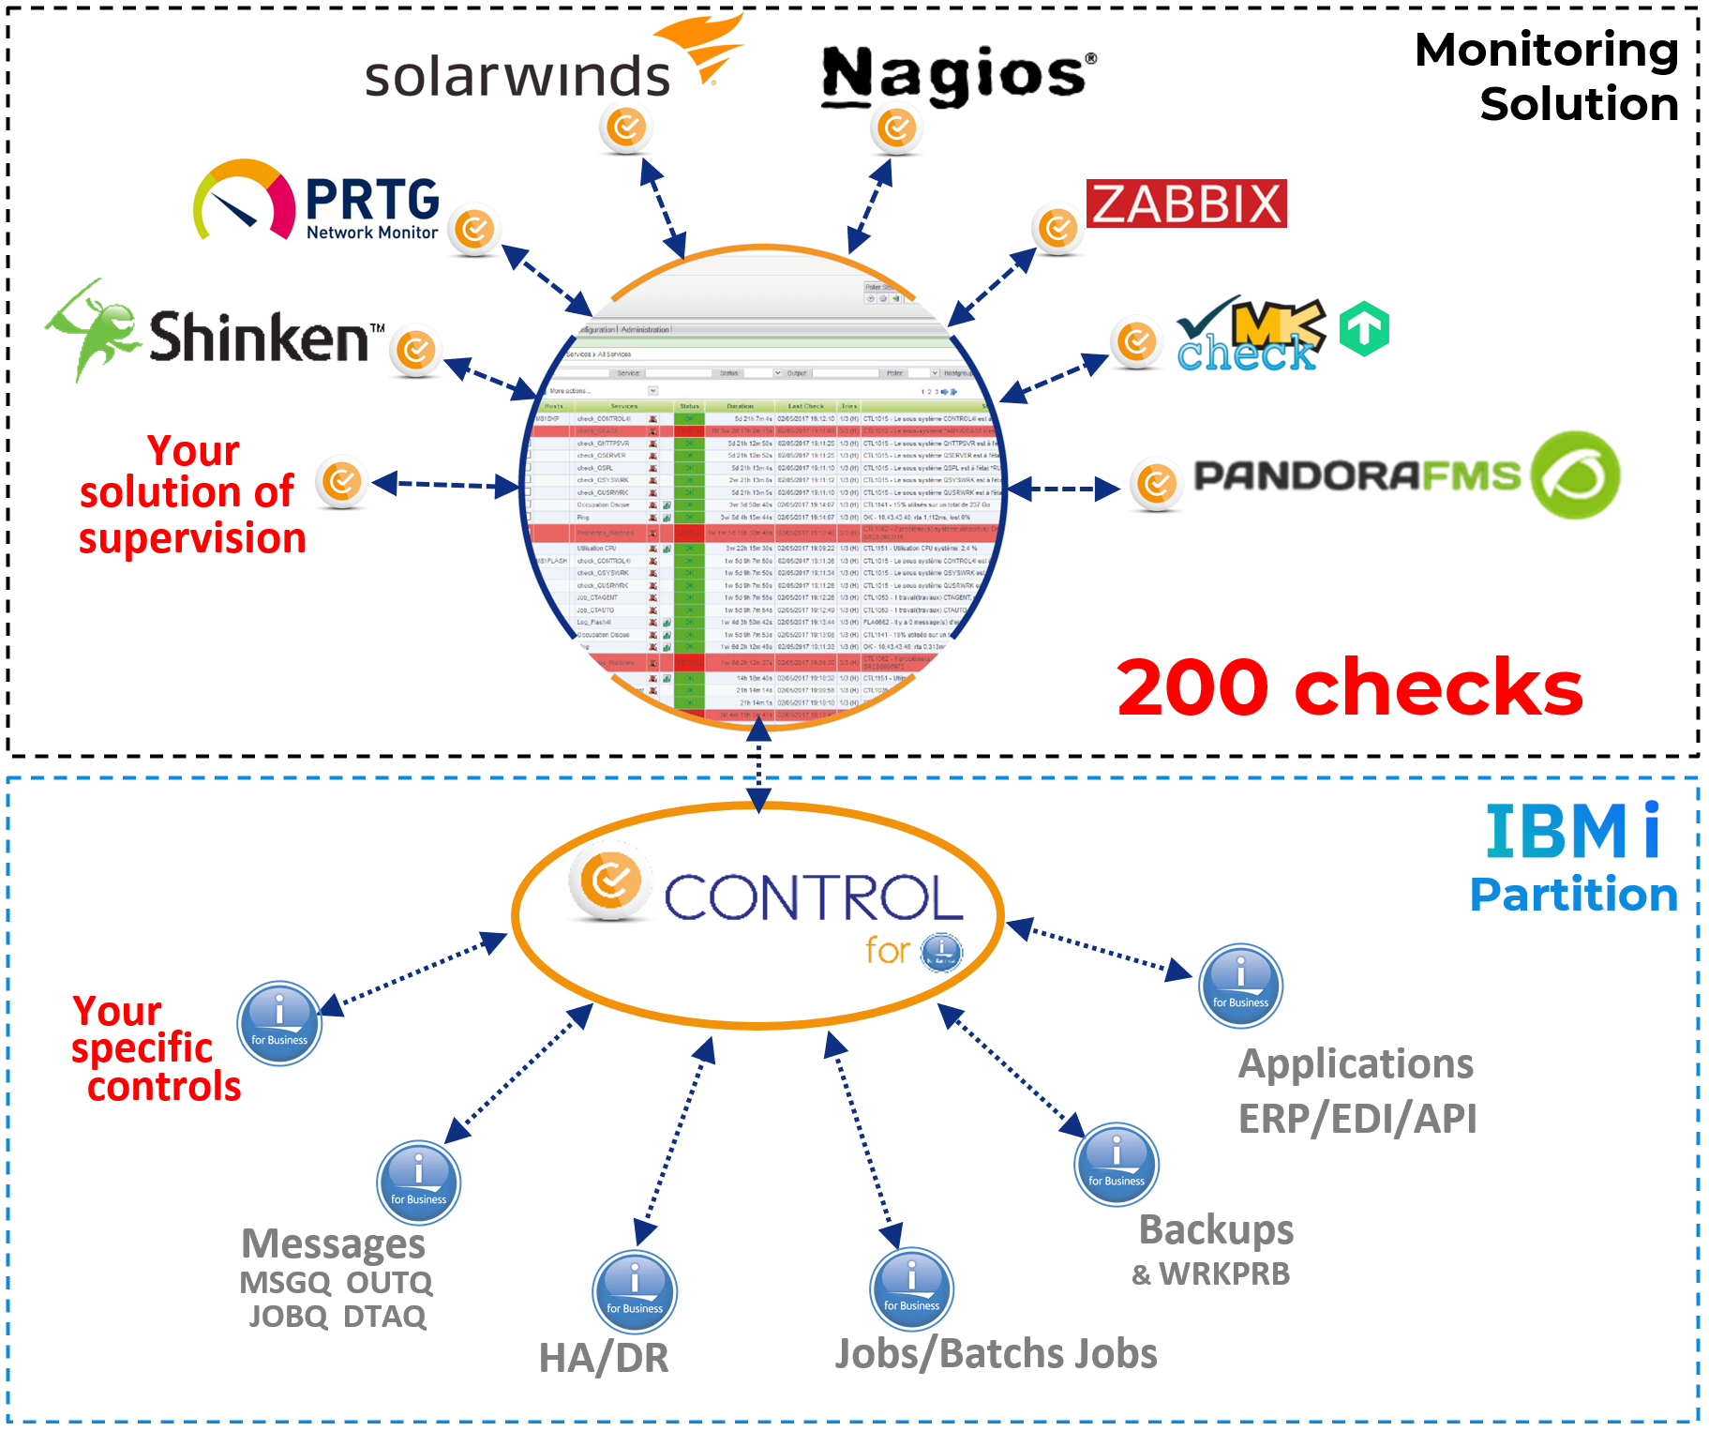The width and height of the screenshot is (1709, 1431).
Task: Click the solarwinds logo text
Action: coord(517,77)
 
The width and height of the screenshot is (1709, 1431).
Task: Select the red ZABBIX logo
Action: coord(1186,203)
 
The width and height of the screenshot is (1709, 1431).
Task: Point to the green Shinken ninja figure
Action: coord(92,330)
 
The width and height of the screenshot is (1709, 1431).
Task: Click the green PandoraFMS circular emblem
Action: coord(1575,475)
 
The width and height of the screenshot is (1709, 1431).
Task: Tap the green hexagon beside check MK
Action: coord(1364,329)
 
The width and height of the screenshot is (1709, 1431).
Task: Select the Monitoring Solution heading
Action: coord(1547,77)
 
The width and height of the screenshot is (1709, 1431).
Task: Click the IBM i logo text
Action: coord(1572,832)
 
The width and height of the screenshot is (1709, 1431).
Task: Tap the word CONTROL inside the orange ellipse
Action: coord(814,897)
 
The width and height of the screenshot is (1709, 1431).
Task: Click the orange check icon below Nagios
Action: coord(897,128)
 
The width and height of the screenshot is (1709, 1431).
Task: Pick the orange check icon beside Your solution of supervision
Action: coord(342,483)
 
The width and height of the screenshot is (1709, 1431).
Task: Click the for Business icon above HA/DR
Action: coord(635,1291)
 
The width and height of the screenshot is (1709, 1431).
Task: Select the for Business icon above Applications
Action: coord(1240,986)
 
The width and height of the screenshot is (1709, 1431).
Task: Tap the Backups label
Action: coord(1216,1229)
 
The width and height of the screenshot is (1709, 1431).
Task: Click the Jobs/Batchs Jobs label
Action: coord(996,1354)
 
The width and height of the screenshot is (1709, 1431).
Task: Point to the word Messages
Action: coord(333,1244)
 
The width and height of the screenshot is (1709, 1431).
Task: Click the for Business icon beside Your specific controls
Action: coord(279,1023)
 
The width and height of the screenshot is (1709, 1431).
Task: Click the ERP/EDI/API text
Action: coord(1357,1119)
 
